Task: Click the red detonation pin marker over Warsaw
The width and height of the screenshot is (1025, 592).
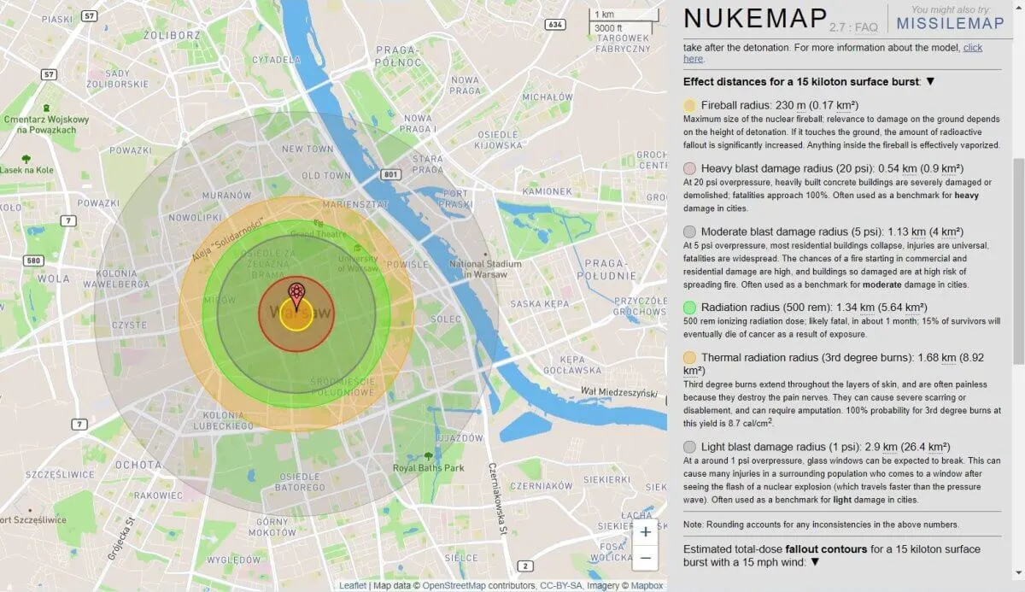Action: [296, 294]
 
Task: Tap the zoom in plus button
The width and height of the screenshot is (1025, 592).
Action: [646, 532]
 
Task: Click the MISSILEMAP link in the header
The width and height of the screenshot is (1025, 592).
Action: [950, 23]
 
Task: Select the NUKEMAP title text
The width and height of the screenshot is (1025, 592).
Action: [755, 19]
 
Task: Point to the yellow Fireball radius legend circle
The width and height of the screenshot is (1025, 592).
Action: [690, 105]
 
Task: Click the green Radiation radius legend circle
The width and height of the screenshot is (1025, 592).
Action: [690, 308]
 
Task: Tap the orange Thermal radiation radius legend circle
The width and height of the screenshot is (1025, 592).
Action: [690, 357]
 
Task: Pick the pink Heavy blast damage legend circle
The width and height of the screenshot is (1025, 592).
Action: [690, 169]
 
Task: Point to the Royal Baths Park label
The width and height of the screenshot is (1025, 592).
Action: [429, 468]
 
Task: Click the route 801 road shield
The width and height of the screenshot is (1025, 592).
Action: [391, 174]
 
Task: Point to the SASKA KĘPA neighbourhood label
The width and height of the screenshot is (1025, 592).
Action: [545, 303]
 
